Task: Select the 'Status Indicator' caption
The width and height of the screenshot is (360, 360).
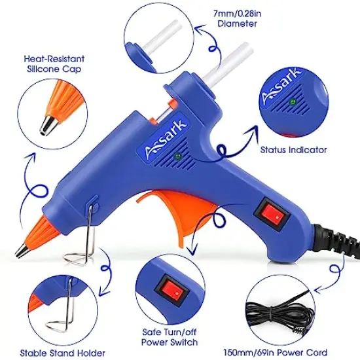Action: pyautogui.click(x=294, y=150)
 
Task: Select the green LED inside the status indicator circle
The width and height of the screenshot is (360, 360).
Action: pyautogui.click(x=293, y=102)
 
